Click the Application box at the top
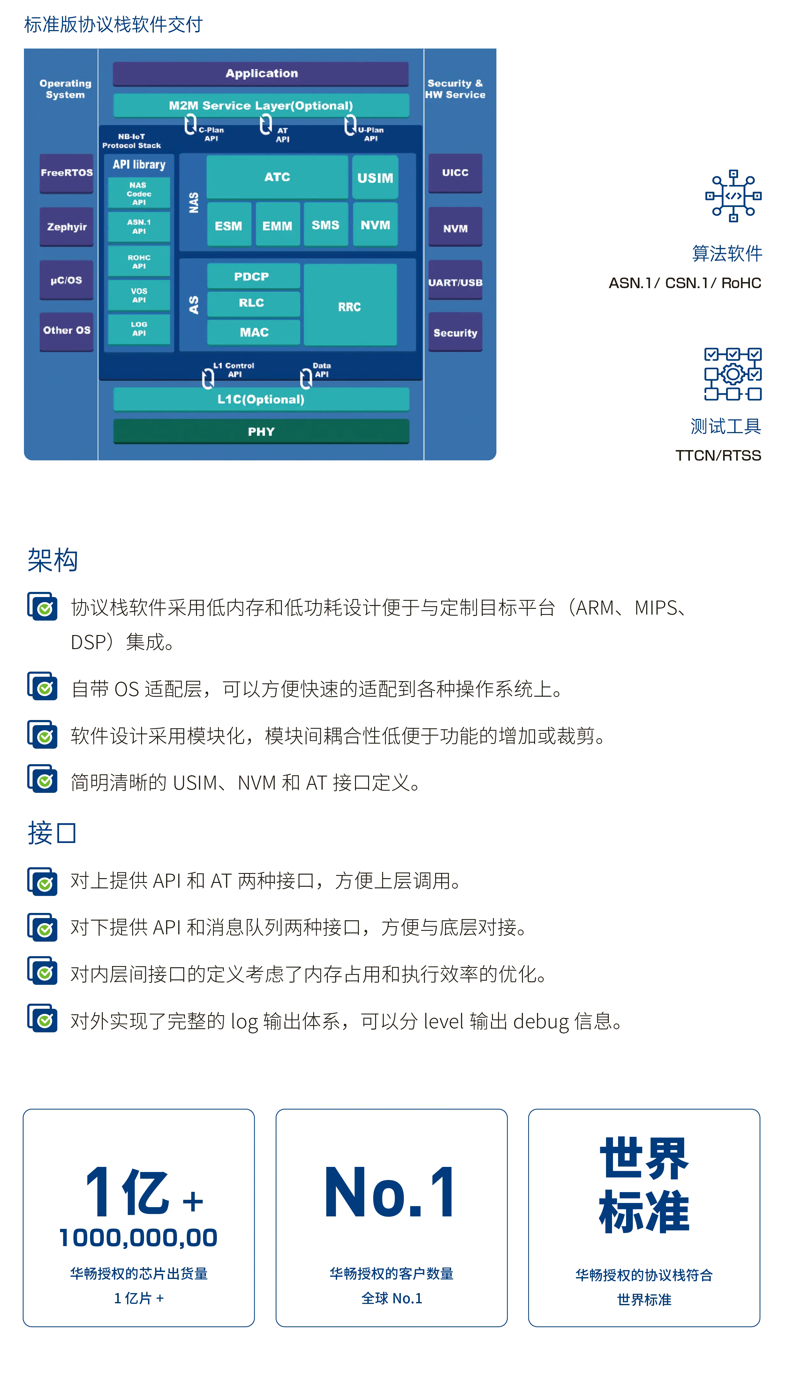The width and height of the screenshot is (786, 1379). [261, 73]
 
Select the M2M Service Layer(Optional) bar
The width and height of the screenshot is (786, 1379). [261, 105]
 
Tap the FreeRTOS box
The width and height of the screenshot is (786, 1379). [66, 173]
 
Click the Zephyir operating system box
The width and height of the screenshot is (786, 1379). [66, 227]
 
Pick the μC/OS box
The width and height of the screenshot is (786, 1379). [66, 280]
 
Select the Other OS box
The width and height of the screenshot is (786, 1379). [66, 331]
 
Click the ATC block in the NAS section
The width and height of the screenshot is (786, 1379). [277, 177]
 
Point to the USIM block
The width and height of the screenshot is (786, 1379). [375, 178]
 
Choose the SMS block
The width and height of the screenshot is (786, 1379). [326, 225]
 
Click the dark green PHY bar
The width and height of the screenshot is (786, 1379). [261, 431]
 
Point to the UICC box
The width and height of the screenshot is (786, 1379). [455, 173]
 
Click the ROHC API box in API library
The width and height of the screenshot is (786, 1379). [139, 261]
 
